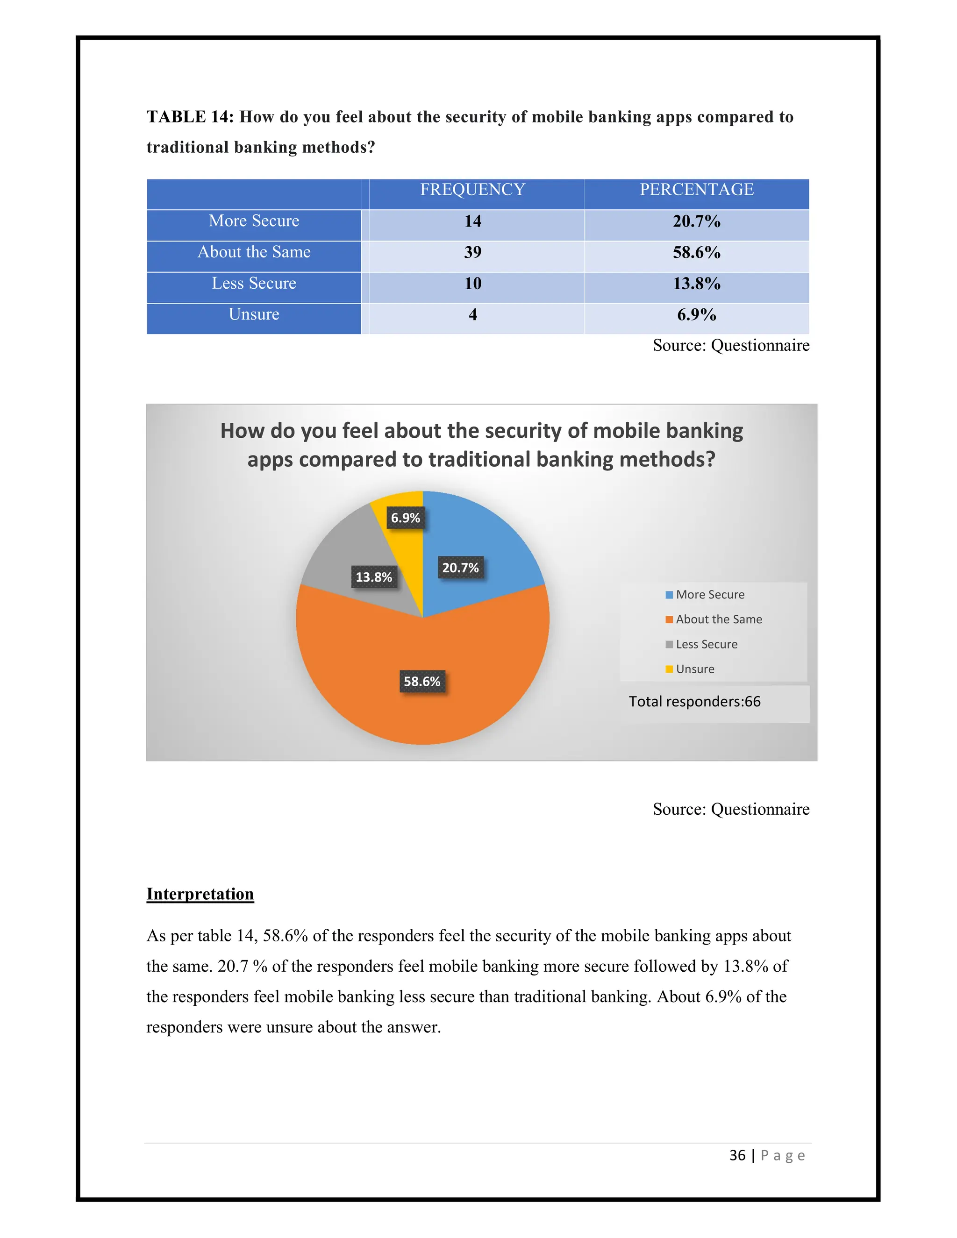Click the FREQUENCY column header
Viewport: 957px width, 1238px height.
click(x=472, y=189)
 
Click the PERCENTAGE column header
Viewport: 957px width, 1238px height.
click(x=696, y=189)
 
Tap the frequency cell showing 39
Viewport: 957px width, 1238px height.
click(x=472, y=252)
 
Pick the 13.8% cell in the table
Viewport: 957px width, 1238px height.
click(x=696, y=284)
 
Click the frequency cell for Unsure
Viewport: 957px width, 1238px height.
click(x=472, y=314)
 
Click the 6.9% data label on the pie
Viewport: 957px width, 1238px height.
click(x=405, y=518)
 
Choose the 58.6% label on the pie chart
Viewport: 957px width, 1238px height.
click(x=422, y=681)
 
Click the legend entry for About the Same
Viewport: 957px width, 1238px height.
click(x=718, y=619)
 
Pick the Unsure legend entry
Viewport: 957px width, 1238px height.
click(x=694, y=669)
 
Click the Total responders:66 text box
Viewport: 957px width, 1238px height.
click(x=694, y=702)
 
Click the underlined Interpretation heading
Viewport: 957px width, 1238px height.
click(x=200, y=894)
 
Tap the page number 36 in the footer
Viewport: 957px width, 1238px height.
click(x=737, y=1155)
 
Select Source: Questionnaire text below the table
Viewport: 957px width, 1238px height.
click(x=730, y=345)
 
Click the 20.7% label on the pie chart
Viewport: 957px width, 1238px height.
click(x=460, y=568)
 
